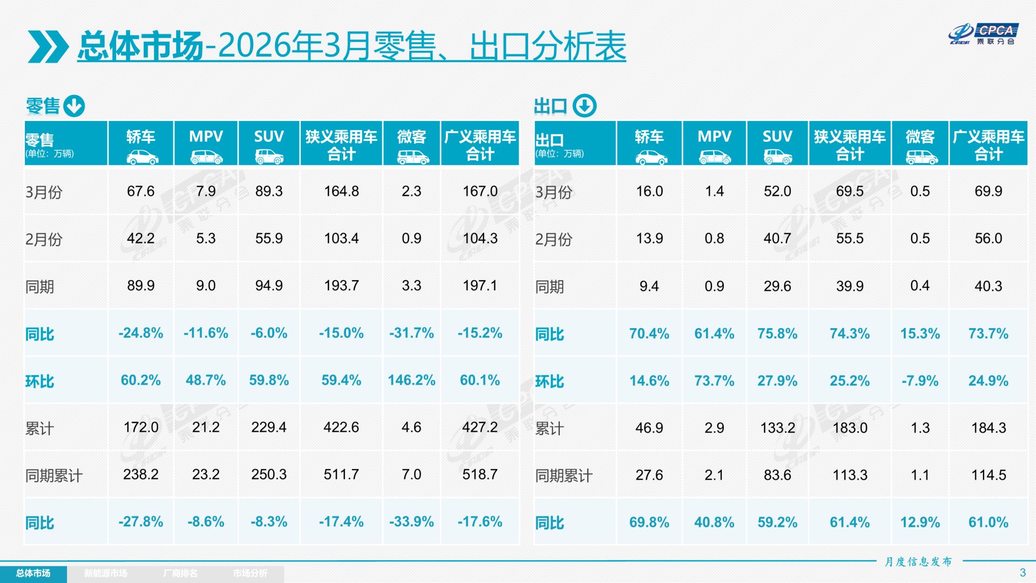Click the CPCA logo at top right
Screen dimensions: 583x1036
click(x=983, y=34)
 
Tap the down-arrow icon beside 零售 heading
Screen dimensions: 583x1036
click(x=74, y=106)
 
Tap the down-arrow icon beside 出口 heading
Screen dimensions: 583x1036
click(x=584, y=106)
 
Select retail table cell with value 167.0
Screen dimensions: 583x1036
click(x=480, y=191)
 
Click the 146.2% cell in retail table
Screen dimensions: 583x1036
click(x=411, y=380)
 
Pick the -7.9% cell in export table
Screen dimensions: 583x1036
click(x=920, y=381)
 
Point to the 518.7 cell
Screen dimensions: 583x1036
click(x=480, y=474)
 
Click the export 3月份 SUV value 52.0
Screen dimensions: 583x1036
click(x=777, y=191)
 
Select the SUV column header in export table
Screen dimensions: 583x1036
click(x=777, y=143)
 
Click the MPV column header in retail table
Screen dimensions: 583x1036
click(x=206, y=143)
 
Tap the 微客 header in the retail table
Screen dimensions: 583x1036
click(x=411, y=143)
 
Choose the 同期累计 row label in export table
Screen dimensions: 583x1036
click(x=564, y=476)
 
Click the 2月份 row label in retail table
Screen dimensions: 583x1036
click(x=44, y=239)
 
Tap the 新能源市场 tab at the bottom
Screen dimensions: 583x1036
click(x=106, y=573)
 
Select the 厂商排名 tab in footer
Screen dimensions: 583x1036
click(x=180, y=573)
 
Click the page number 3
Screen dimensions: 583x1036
click(x=1022, y=573)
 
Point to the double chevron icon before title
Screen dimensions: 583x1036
click(x=48, y=46)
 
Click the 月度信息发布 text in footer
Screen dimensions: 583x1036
click(x=918, y=562)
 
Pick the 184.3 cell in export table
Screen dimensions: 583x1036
click(x=988, y=428)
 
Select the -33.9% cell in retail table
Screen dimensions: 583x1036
click(x=411, y=521)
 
